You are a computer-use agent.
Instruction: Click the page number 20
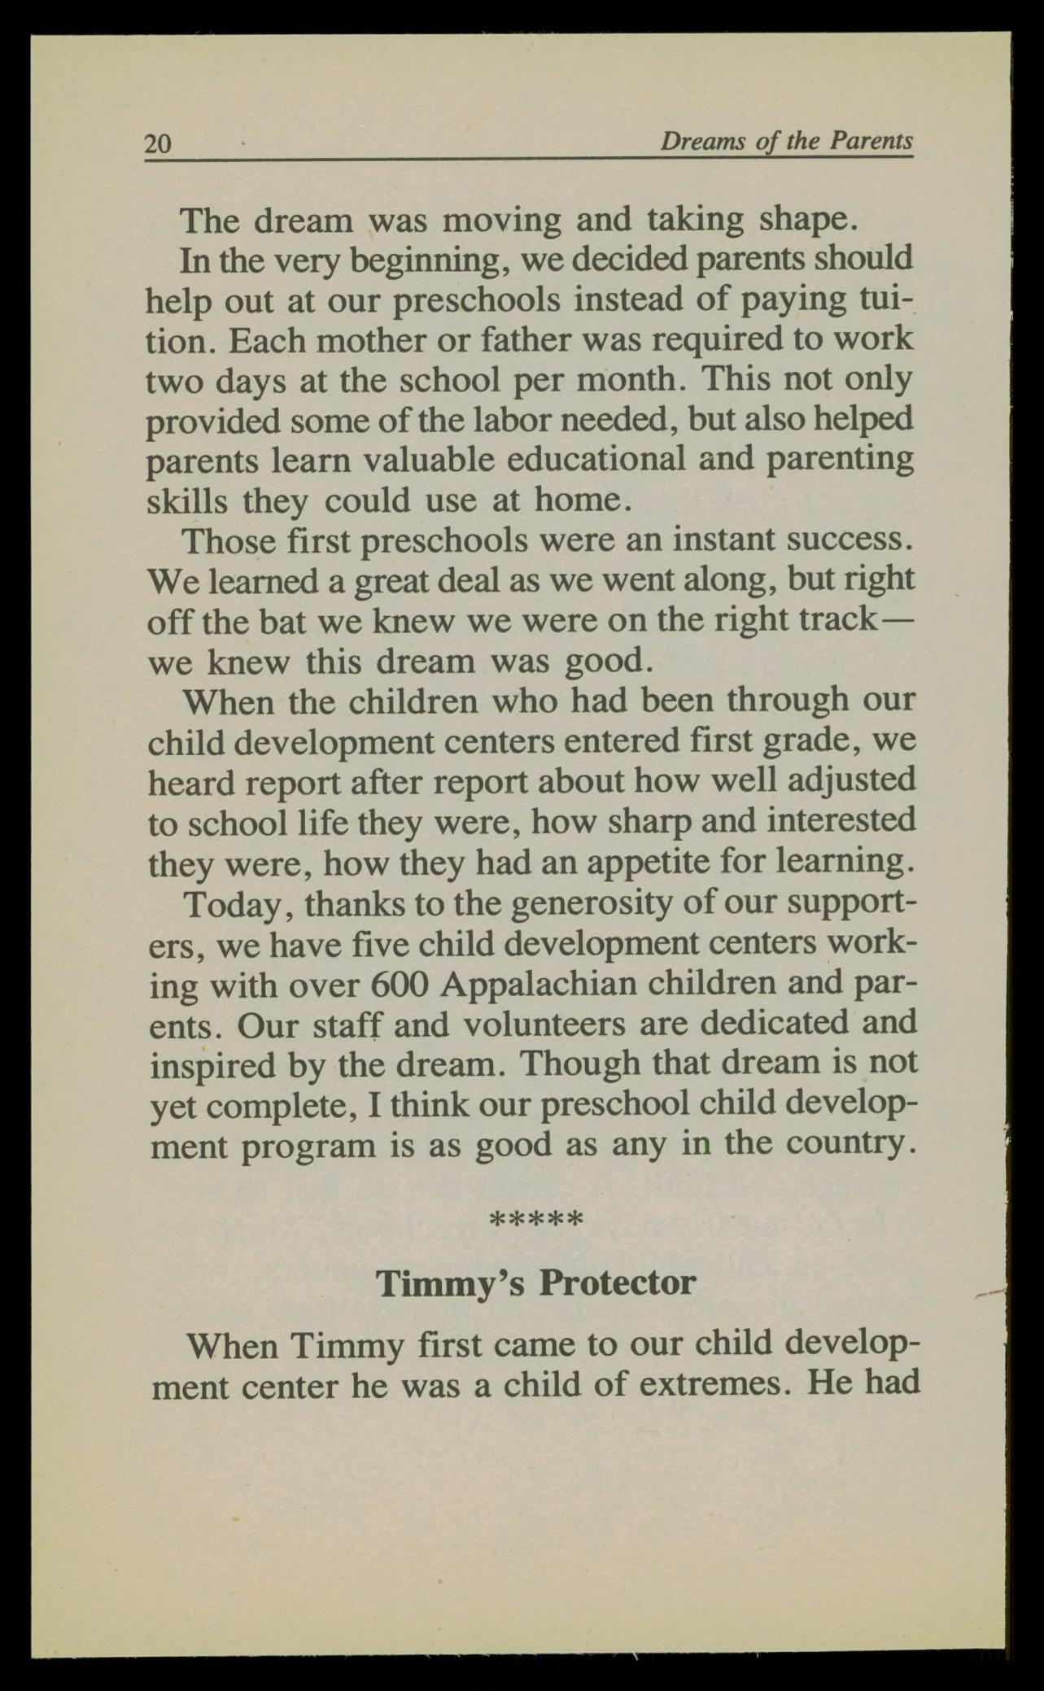coord(158,144)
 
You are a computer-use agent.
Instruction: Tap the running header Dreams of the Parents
coord(785,142)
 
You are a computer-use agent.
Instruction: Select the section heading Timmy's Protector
coord(536,1283)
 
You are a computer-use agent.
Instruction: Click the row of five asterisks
coord(535,1221)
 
